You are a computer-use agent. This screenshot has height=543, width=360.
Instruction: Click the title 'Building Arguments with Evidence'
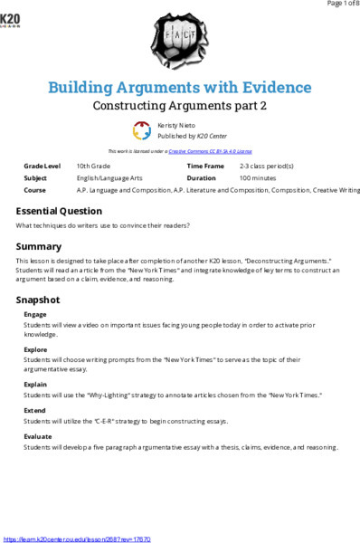[179, 87]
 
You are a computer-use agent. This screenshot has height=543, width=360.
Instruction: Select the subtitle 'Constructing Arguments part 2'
[180, 105]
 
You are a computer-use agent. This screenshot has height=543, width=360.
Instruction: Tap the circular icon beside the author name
[142, 130]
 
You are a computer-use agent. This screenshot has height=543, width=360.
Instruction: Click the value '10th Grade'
[94, 167]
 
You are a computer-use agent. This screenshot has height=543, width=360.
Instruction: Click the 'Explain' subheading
[35, 383]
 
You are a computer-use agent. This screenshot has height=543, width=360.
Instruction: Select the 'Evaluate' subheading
[38, 435]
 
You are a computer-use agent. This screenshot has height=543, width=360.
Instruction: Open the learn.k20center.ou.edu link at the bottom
[77, 538]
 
